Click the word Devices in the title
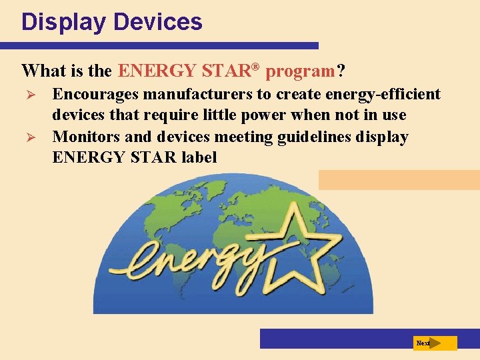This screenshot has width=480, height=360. point(158,22)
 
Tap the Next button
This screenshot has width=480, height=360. point(435,343)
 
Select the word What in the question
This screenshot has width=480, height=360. point(43,70)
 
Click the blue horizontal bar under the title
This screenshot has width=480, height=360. point(160,46)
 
